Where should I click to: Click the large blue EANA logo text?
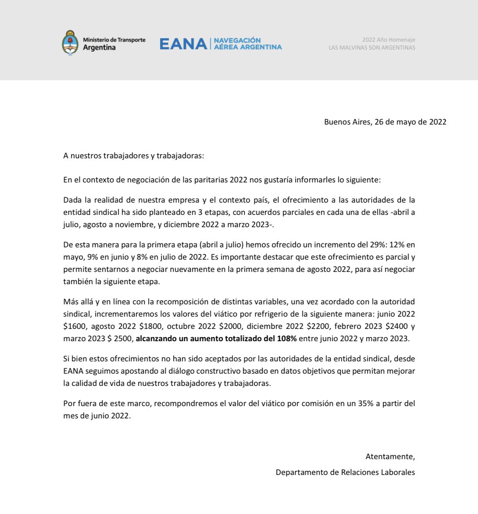183,44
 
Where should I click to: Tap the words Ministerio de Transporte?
114,40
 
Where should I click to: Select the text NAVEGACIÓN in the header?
237,40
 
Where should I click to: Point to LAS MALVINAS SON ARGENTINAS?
371,47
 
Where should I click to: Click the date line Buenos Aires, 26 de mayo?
385,122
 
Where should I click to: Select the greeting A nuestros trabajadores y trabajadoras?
134,156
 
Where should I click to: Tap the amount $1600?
75,326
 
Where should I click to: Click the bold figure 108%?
287,339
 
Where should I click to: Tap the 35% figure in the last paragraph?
365,403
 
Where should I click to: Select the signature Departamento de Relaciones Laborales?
345,472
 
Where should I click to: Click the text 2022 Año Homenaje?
389,40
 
